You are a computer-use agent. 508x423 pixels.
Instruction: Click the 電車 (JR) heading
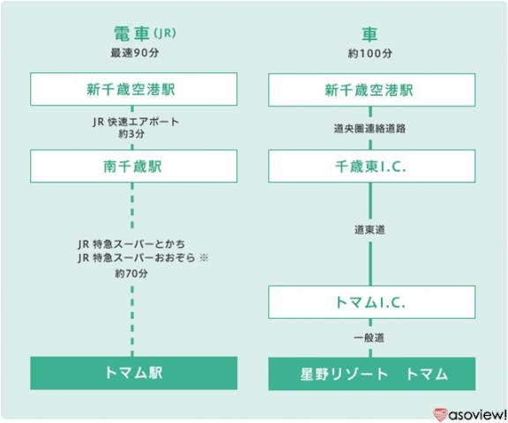pos(145,33)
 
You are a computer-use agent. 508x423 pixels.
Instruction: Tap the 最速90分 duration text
pos(135,53)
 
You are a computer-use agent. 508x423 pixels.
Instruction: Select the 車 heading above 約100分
pos(370,34)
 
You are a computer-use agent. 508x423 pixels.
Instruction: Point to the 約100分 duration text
pos(370,54)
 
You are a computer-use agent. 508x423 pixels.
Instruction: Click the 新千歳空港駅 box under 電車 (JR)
pos(134,89)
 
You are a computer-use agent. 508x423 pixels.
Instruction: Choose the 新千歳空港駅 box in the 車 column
pos(372,90)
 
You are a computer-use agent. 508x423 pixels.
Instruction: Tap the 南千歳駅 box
pos(134,166)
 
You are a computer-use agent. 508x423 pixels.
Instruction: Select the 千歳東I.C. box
pos(372,167)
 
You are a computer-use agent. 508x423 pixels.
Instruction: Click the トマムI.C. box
pos(372,302)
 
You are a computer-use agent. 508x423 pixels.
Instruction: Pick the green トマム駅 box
pos(134,373)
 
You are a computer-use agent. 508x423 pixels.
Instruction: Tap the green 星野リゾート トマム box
pos(372,374)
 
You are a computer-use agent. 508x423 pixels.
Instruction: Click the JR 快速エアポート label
pos(136,122)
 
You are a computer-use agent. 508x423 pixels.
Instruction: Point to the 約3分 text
pos(131,134)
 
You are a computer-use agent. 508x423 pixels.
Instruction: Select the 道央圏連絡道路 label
pos(370,129)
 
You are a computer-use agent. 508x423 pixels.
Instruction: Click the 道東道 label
pos(370,230)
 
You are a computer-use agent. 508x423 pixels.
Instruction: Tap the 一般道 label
pos(369,338)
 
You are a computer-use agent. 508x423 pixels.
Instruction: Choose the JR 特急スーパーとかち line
pos(131,244)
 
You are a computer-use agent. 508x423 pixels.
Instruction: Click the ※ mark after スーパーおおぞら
pos(204,258)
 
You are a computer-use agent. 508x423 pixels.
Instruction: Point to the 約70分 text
pos(131,273)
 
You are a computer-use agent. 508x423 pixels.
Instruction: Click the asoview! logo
pos(469,414)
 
